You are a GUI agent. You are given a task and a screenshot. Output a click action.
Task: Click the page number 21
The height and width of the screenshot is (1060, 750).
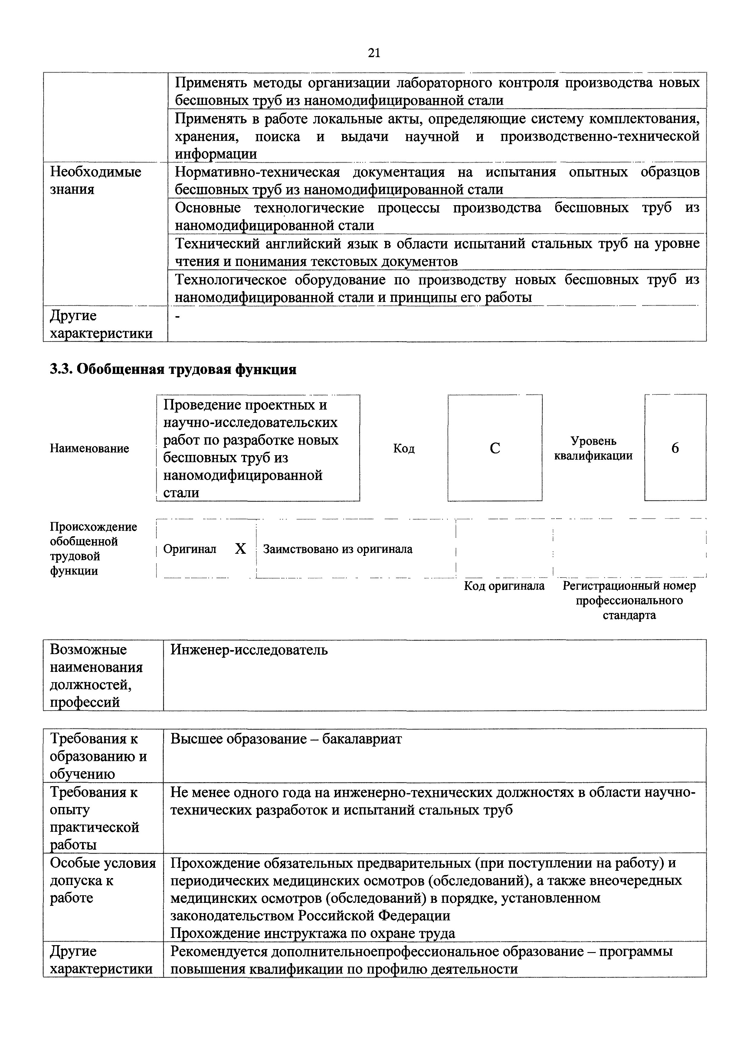click(374, 53)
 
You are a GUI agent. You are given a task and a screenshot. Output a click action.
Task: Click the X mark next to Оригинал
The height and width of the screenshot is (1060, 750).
click(240, 549)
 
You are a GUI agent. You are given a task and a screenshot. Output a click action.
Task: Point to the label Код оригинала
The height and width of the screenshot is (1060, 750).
click(504, 586)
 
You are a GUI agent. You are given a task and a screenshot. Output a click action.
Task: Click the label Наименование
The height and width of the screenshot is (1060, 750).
click(89, 448)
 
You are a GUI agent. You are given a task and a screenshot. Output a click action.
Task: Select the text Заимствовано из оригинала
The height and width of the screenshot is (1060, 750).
click(337, 549)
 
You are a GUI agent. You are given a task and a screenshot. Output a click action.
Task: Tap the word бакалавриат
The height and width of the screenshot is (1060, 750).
click(362, 739)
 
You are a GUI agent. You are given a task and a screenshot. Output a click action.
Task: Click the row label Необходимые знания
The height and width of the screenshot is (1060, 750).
click(95, 180)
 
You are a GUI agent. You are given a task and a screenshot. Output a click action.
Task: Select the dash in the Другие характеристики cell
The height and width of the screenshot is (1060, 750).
click(179, 316)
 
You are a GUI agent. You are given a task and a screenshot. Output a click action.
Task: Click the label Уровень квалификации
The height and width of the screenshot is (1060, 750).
click(593, 448)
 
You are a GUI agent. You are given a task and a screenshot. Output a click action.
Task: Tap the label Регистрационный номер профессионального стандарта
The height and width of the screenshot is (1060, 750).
click(629, 600)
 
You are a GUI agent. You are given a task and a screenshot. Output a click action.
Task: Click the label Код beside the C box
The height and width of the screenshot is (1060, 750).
click(403, 448)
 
